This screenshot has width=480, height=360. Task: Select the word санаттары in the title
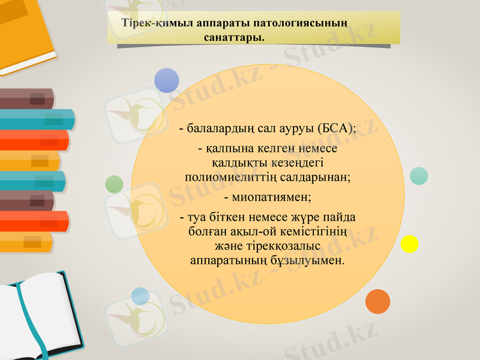pos(235,38)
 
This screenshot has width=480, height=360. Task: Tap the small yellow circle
pos(409,244)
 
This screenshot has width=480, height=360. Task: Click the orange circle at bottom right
pos(377,301)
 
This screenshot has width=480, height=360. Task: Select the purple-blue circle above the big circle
pos(167,80)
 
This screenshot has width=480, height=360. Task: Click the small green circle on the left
pos(114,184)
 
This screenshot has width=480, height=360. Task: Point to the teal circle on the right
pos(419,175)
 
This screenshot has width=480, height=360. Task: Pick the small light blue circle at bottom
pos(140,296)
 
